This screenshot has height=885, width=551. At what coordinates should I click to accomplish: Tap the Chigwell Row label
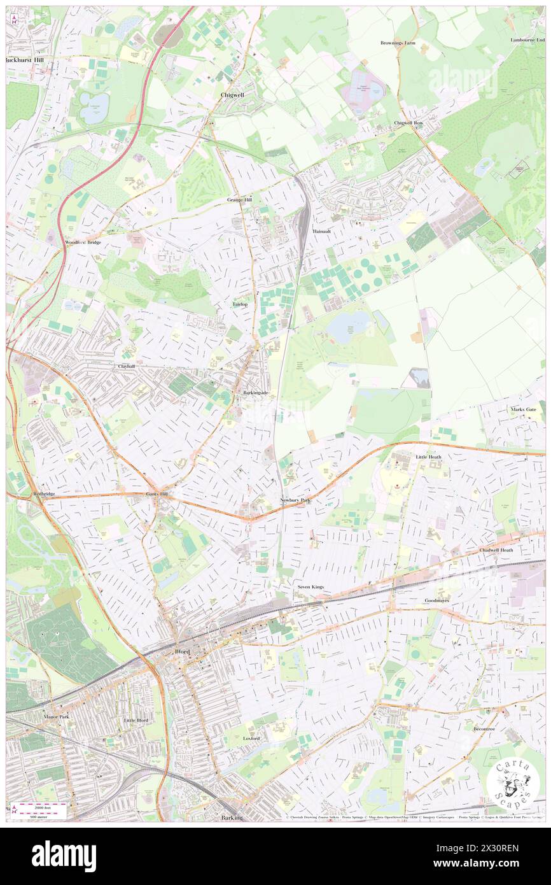[x=408, y=122]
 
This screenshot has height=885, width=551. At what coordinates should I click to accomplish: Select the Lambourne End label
[x=527, y=39]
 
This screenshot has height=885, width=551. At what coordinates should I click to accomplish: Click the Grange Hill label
[x=240, y=199]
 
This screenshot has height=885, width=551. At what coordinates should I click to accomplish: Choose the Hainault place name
[x=323, y=232]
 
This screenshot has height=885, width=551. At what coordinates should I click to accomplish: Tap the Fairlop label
[x=240, y=304]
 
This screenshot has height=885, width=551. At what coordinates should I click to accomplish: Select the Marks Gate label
[x=526, y=409]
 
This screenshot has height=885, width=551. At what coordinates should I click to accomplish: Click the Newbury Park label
[x=296, y=500]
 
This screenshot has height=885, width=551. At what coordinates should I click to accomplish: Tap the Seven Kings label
[x=310, y=586]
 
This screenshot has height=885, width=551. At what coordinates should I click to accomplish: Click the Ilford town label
[x=183, y=651]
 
